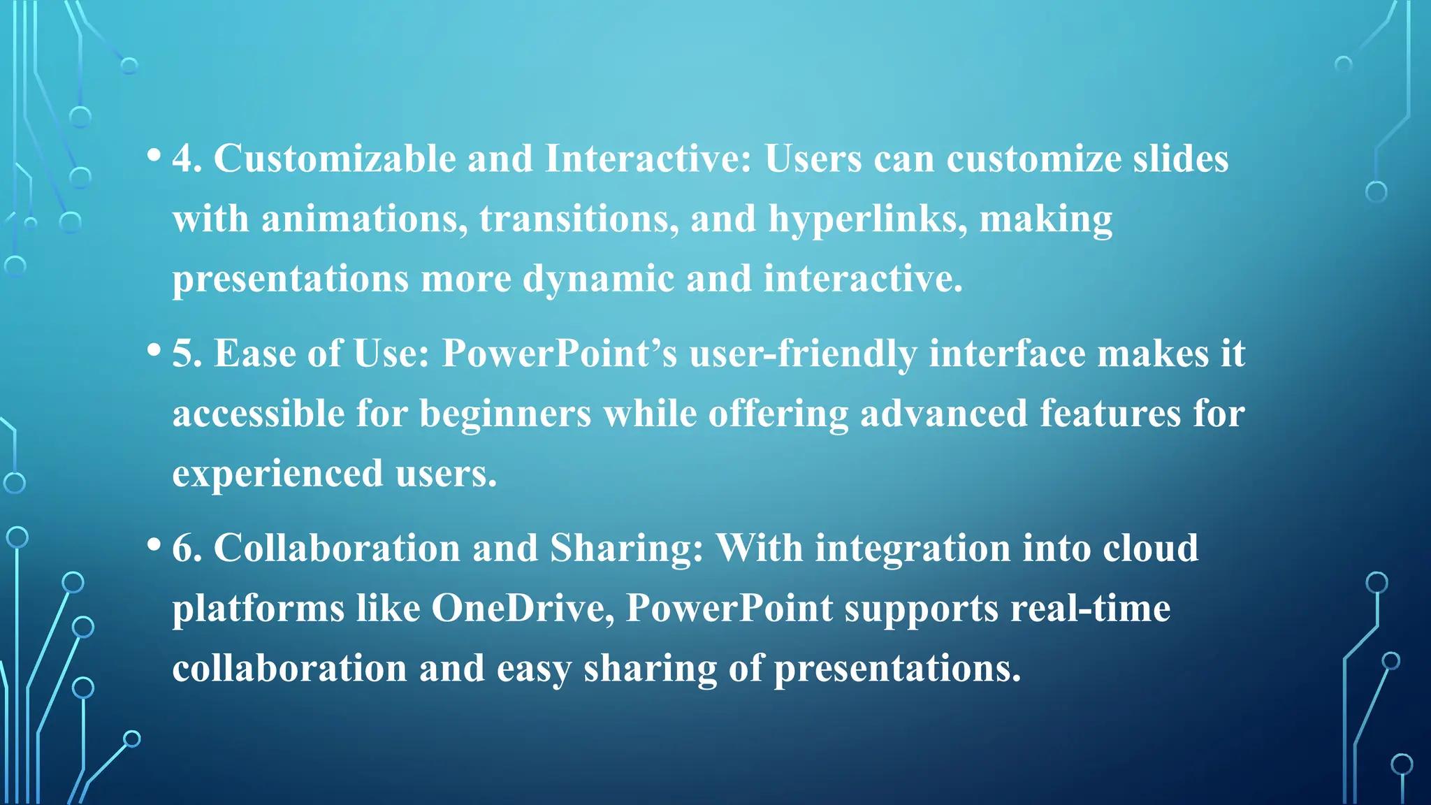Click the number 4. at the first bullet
pyautogui.click(x=187, y=159)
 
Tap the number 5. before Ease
pyautogui.click(x=187, y=354)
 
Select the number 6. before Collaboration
pyautogui.click(x=187, y=548)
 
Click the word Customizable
pyautogui.click(x=335, y=159)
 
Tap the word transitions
pyautogui.click(x=579, y=219)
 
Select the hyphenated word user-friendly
pyautogui.click(x=803, y=354)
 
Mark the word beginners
pyautogui.click(x=504, y=414)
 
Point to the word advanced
pyautogui.click(x=943, y=414)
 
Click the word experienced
pyautogui.click(x=277, y=474)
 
